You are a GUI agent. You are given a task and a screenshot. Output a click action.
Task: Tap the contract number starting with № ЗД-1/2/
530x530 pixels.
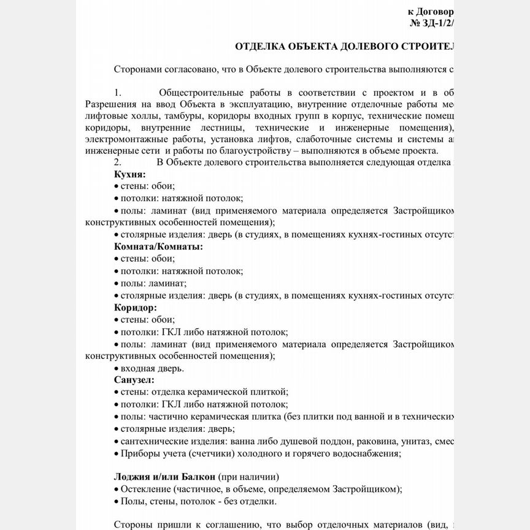point(432,23)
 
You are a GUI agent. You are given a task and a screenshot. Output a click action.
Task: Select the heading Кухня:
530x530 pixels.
point(129,174)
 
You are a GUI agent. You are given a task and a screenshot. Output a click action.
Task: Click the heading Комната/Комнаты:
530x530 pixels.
point(158,247)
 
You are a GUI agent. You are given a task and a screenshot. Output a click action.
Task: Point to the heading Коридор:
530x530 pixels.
point(136,307)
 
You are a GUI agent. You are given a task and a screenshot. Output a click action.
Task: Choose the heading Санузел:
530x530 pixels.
point(134,380)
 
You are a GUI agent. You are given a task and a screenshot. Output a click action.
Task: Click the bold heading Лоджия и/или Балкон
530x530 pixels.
point(164,477)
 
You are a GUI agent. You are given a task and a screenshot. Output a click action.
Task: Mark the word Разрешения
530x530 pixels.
point(108,104)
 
